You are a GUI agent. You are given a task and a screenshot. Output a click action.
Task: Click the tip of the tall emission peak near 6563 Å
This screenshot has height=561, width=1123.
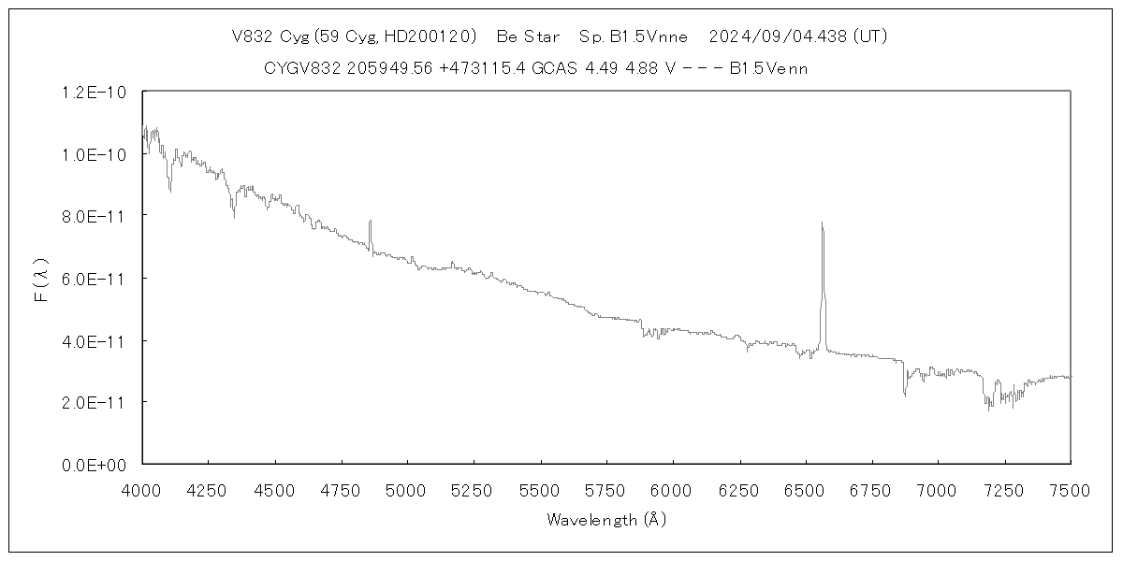[822, 223]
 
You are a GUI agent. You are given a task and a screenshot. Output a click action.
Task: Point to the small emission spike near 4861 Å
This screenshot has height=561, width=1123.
[371, 222]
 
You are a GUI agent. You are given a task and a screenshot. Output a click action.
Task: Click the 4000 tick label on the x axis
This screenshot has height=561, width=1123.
[142, 489]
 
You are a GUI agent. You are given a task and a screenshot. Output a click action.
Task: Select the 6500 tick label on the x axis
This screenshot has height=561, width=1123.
[805, 489]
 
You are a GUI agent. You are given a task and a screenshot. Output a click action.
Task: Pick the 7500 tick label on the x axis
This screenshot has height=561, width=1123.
[1070, 489]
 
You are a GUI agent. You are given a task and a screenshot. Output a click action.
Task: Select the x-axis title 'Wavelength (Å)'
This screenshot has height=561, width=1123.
[606, 520]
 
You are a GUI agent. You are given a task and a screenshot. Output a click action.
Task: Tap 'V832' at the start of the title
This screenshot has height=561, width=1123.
[253, 36]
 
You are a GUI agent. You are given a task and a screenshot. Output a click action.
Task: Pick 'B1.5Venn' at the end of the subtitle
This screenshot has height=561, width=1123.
[768, 68]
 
